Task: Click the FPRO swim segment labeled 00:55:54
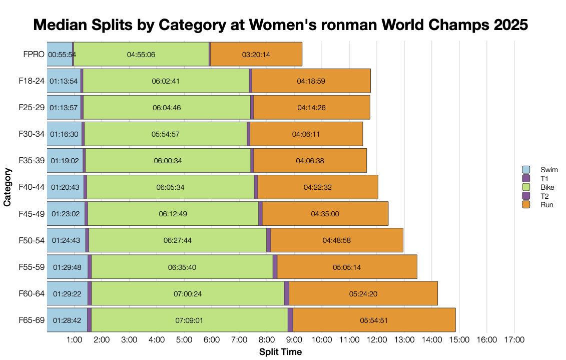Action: [60, 54]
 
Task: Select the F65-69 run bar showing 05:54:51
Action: [374, 320]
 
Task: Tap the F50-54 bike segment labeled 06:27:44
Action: [177, 240]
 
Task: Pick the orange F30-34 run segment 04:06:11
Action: [306, 134]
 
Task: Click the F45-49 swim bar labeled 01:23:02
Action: [66, 214]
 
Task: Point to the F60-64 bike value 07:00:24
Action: [188, 293]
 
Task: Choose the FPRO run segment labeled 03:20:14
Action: [256, 54]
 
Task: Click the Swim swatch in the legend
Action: [525, 170]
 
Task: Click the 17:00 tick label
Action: [514, 340]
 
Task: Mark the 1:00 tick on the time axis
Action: [74, 340]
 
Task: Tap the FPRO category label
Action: [34, 54]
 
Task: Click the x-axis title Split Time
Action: [280, 352]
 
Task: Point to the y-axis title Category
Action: [8, 187]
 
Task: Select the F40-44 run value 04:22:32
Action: [318, 187]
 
